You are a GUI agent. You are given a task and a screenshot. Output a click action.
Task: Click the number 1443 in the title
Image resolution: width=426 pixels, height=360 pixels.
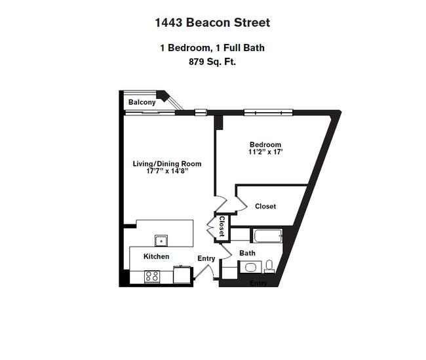pyautogui.click(x=168, y=22)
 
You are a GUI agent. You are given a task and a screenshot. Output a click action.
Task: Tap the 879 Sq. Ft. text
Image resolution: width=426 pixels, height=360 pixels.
pyautogui.click(x=212, y=62)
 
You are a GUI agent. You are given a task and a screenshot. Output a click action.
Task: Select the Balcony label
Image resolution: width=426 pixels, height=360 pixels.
pyautogui.click(x=142, y=102)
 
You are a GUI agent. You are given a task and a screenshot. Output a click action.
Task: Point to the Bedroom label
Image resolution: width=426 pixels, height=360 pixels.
pyautogui.click(x=265, y=144)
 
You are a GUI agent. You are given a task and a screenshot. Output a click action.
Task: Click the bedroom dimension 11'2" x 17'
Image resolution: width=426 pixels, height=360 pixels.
pyautogui.click(x=265, y=151)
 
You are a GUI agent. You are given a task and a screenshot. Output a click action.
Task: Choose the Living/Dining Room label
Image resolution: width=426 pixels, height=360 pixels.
pyautogui.click(x=167, y=164)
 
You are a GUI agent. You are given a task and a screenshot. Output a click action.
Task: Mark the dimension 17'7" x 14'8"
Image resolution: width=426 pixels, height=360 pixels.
pyautogui.click(x=167, y=171)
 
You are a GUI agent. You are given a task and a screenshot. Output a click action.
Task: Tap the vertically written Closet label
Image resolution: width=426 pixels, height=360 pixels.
pyautogui.click(x=222, y=226)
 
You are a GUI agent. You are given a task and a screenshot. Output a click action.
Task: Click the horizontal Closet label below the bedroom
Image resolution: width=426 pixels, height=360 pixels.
pyautogui.click(x=265, y=207)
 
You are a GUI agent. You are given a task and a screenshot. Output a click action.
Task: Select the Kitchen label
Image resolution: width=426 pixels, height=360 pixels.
pyautogui.click(x=156, y=256)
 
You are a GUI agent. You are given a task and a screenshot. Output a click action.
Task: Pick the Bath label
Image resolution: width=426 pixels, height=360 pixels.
pyautogui.click(x=247, y=253)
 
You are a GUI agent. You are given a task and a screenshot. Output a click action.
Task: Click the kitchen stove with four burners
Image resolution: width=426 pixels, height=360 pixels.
pyautogui.click(x=152, y=277)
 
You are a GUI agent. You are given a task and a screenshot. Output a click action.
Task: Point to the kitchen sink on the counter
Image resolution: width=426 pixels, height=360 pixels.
pyautogui.click(x=161, y=241)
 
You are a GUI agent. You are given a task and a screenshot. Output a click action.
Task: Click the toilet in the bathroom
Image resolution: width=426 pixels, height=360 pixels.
pyautogui.click(x=269, y=266)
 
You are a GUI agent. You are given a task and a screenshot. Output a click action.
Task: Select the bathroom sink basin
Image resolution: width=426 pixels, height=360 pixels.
pyautogui.click(x=250, y=268)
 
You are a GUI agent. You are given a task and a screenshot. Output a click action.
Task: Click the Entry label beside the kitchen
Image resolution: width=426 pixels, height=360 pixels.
pyautogui.click(x=206, y=258)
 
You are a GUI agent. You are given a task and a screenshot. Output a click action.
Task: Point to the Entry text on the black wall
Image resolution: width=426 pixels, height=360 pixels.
pyautogui.click(x=258, y=283)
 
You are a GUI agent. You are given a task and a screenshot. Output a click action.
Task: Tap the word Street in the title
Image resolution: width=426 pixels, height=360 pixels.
pyautogui.click(x=252, y=22)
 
